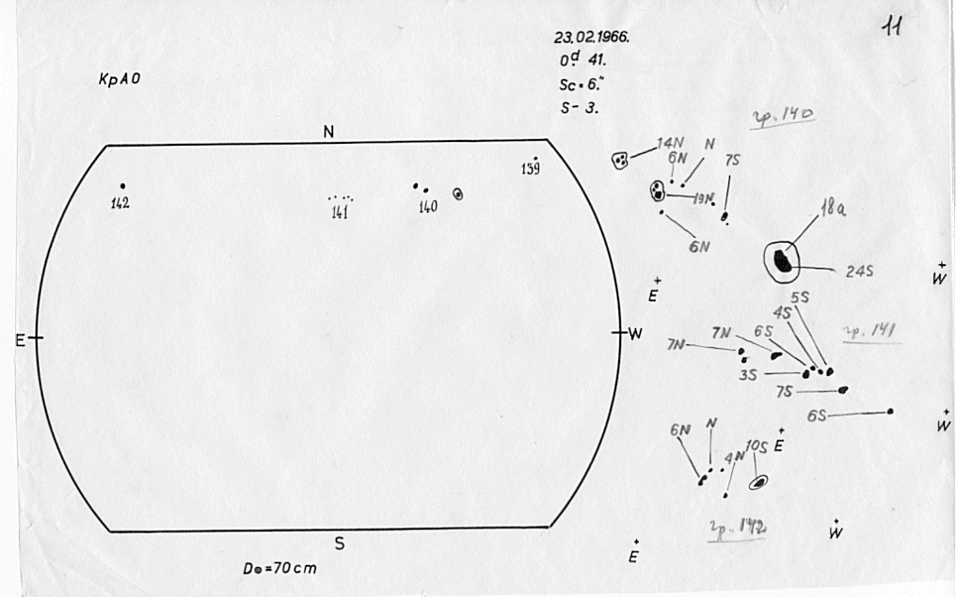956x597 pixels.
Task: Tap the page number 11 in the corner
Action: pos(892,28)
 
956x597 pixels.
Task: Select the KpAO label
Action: pos(119,81)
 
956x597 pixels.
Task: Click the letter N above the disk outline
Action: pos(328,133)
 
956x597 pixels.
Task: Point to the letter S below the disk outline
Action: pos(340,543)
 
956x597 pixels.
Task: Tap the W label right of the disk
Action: pos(634,334)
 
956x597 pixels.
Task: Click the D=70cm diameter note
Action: pos(279,569)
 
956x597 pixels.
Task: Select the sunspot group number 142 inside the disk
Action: pos(119,203)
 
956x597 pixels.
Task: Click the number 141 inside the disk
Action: pos(341,212)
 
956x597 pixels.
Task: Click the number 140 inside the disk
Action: pos(428,207)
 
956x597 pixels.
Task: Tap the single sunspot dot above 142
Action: pos(122,186)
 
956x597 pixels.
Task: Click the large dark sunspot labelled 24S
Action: pos(781,259)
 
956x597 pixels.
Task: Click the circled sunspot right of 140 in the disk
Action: pos(457,194)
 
